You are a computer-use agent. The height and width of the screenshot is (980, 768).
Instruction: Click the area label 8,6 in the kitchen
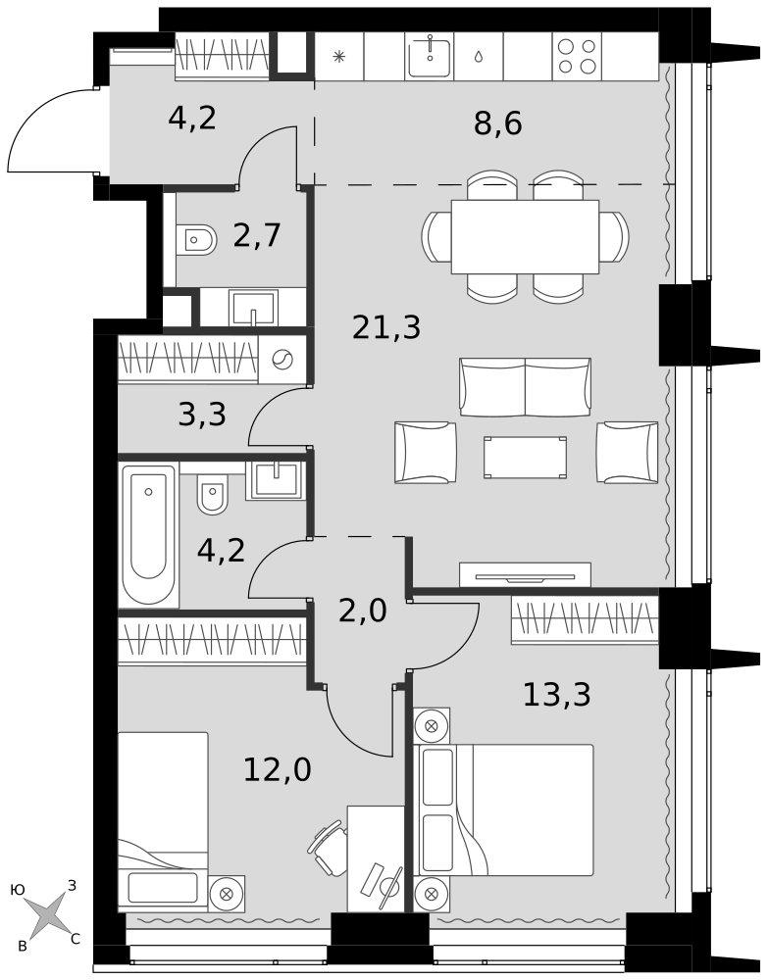coord(497,124)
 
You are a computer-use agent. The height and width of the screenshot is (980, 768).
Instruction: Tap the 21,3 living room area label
coord(386,328)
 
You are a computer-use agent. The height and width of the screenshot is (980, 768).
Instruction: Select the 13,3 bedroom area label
coord(556,696)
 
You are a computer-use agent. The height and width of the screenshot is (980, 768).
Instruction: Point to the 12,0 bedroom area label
coord(277,770)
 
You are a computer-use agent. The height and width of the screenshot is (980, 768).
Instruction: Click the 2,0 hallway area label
coord(362,612)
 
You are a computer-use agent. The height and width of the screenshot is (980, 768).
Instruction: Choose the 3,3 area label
coord(202,416)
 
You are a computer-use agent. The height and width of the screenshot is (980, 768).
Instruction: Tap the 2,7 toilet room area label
coord(257,236)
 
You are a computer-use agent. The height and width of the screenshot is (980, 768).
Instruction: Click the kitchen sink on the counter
coord(429,57)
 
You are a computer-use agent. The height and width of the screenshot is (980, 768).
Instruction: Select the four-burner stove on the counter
coord(576,57)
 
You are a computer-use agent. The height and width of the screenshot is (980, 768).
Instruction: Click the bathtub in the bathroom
coord(148,534)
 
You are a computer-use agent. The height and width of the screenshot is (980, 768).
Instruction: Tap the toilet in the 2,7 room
coord(196,238)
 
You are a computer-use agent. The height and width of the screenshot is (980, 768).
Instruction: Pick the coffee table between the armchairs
coord(525,458)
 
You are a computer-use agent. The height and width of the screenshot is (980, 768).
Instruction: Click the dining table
coord(525,237)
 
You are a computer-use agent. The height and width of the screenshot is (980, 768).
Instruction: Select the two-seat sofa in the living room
coord(525,387)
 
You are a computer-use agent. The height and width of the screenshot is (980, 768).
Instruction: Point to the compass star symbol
coord(47,915)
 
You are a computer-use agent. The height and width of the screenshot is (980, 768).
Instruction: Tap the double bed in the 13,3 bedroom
coord(520,809)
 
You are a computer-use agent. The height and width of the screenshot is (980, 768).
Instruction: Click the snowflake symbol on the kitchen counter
coord(339,56)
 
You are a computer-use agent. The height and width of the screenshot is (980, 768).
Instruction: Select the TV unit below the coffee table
coord(525,575)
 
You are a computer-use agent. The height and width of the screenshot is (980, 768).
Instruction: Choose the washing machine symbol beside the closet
coord(282,360)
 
